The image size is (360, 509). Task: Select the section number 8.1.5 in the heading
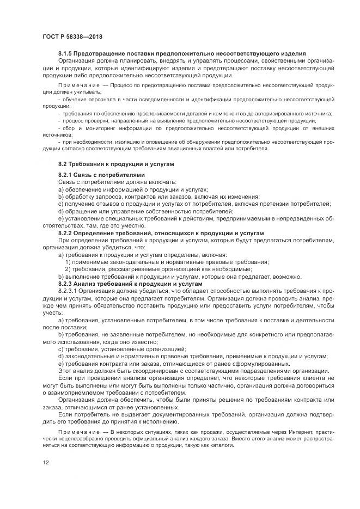[66, 53]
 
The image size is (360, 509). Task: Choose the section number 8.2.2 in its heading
[66, 232]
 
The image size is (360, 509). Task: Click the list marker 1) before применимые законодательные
[68, 262]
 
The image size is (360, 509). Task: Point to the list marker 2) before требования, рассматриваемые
[68, 269]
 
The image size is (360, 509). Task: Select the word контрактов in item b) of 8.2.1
[142, 197]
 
